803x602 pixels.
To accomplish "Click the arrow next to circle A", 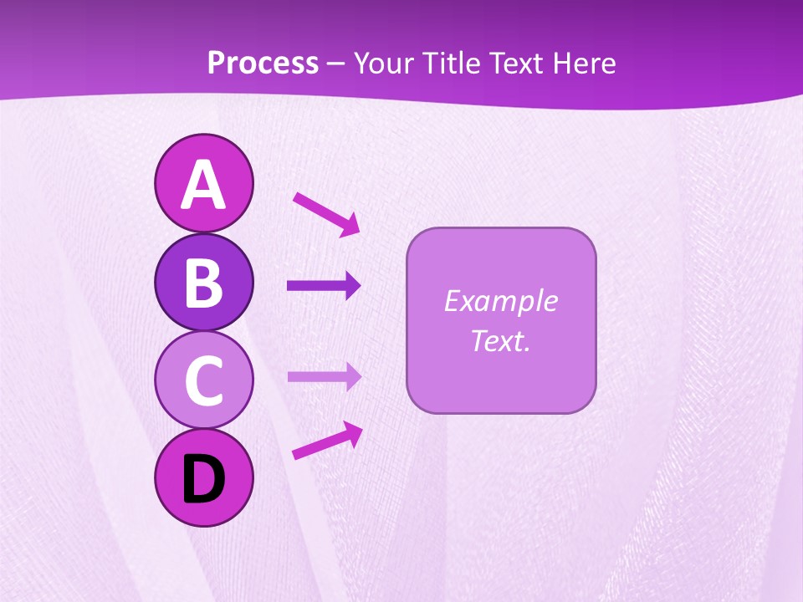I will click(x=326, y=213).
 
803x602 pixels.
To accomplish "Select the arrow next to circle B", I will click(x=324, y=286).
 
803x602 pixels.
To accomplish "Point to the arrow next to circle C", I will click(x=324, y=376).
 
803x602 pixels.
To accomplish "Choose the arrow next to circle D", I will click(x=327, y=441).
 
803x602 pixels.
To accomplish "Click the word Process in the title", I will click(x=263, y=64).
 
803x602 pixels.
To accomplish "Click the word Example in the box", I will click(x=500, y=301).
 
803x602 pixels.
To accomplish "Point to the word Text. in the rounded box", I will click(x=500, y=340).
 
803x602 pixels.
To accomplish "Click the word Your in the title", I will click(x=386, y=64).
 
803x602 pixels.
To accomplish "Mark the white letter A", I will click(x=203, y=186).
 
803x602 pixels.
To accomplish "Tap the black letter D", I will click(x=203, y=479).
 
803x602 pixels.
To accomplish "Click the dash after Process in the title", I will click(x=336, y=64).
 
